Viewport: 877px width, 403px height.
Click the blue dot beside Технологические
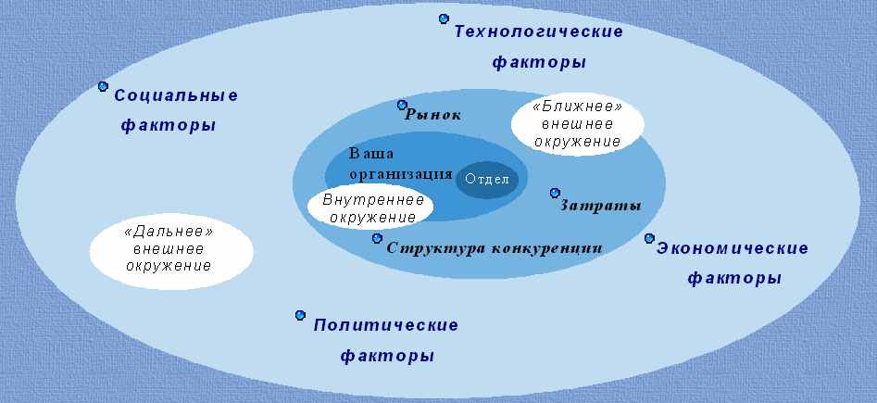point(445,19)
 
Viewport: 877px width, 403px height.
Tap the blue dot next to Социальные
point(103,86)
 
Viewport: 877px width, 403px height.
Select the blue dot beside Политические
point(300,315)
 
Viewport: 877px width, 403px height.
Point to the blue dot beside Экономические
point(649,238)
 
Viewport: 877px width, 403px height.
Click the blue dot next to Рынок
point(402,105)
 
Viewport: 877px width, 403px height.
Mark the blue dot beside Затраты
point(555,193)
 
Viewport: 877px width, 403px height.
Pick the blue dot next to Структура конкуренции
point(378,238)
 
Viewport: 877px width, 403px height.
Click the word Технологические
point(538,31)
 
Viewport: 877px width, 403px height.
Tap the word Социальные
point(176,95)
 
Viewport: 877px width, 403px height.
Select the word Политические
point(386,325)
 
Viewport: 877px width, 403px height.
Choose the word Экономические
point(733,248)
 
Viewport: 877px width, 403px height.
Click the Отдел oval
point(487,180)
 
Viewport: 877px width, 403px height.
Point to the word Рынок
point(432,115)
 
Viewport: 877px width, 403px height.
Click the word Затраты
point(600,206)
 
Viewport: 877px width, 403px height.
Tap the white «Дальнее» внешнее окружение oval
point(171,251)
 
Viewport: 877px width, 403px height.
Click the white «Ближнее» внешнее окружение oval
point(578,124)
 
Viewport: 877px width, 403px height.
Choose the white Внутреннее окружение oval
point(370,208)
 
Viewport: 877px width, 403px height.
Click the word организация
point(401,174)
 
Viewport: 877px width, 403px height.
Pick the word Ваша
point(371,154)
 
